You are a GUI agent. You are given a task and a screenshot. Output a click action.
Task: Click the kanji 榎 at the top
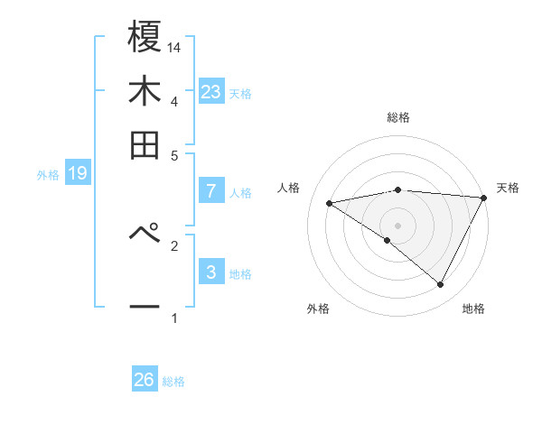(x=145, y=39)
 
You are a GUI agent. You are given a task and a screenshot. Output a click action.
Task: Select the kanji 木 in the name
(x=145, y=94)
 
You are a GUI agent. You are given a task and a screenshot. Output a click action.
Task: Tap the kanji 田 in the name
(x=145, y=144)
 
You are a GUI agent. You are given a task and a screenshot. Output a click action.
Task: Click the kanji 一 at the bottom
(x=145, y=307)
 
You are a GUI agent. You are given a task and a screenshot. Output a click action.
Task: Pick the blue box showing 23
(x=211, y=92)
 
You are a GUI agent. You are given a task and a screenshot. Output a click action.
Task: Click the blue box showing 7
(x=211, y=190)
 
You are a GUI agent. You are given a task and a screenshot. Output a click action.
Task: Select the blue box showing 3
(x=211, y=272)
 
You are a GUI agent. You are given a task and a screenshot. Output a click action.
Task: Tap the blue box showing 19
(x=78, y=173)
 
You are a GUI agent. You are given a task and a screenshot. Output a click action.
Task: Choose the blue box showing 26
(x=145, y=380)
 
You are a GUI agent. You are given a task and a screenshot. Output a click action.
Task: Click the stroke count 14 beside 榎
(x=174, y=46)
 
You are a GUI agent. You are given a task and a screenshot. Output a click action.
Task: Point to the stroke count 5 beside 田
(x=174, y=155)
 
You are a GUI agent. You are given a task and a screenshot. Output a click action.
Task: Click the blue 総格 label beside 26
(x=173, y=382)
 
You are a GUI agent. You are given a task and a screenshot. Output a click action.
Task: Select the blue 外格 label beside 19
(x=48, y=175)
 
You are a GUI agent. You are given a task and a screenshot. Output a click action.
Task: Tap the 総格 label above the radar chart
(x=397, y=117)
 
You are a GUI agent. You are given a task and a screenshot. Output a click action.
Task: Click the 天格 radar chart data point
(x=484, y=198)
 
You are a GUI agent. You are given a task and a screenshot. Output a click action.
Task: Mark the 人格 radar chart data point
(x=330, y=203)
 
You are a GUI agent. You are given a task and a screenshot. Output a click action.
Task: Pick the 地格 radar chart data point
(x=440, y=284)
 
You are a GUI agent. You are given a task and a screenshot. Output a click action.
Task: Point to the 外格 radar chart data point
(x=388, y=240)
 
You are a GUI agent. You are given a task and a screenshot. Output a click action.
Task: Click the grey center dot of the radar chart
(x=397, y=225)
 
